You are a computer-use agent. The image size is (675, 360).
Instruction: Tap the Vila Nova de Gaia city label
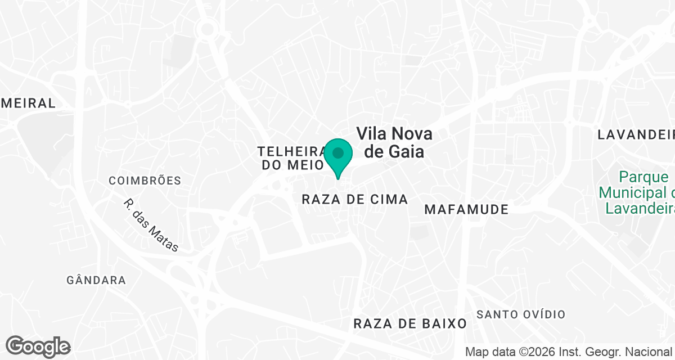[x=394, y=142]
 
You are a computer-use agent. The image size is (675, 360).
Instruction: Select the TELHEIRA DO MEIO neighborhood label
[x=291, y=158]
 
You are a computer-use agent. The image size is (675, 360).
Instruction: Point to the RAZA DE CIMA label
[x=354, y=199]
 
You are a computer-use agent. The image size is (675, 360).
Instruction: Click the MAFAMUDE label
[x=466, y=210]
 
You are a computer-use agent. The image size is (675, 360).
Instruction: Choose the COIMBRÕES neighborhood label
[x=145, y=181]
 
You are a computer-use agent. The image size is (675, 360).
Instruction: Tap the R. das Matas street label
[x=151, y=224]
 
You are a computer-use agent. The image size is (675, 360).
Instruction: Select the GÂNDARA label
[x=96, y=280]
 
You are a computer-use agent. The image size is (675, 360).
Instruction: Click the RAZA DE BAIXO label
[x=410, y=323]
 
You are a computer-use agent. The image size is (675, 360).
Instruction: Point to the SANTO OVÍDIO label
[x=521, y=314]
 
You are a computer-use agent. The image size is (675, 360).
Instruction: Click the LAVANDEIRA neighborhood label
[x=636, y=134]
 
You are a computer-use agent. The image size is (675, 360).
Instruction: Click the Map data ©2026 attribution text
[x=569, y=352]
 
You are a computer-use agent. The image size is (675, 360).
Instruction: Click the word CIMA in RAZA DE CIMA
[x=388, y=199]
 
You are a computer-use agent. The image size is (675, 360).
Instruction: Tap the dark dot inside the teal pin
[x=338, y=153]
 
